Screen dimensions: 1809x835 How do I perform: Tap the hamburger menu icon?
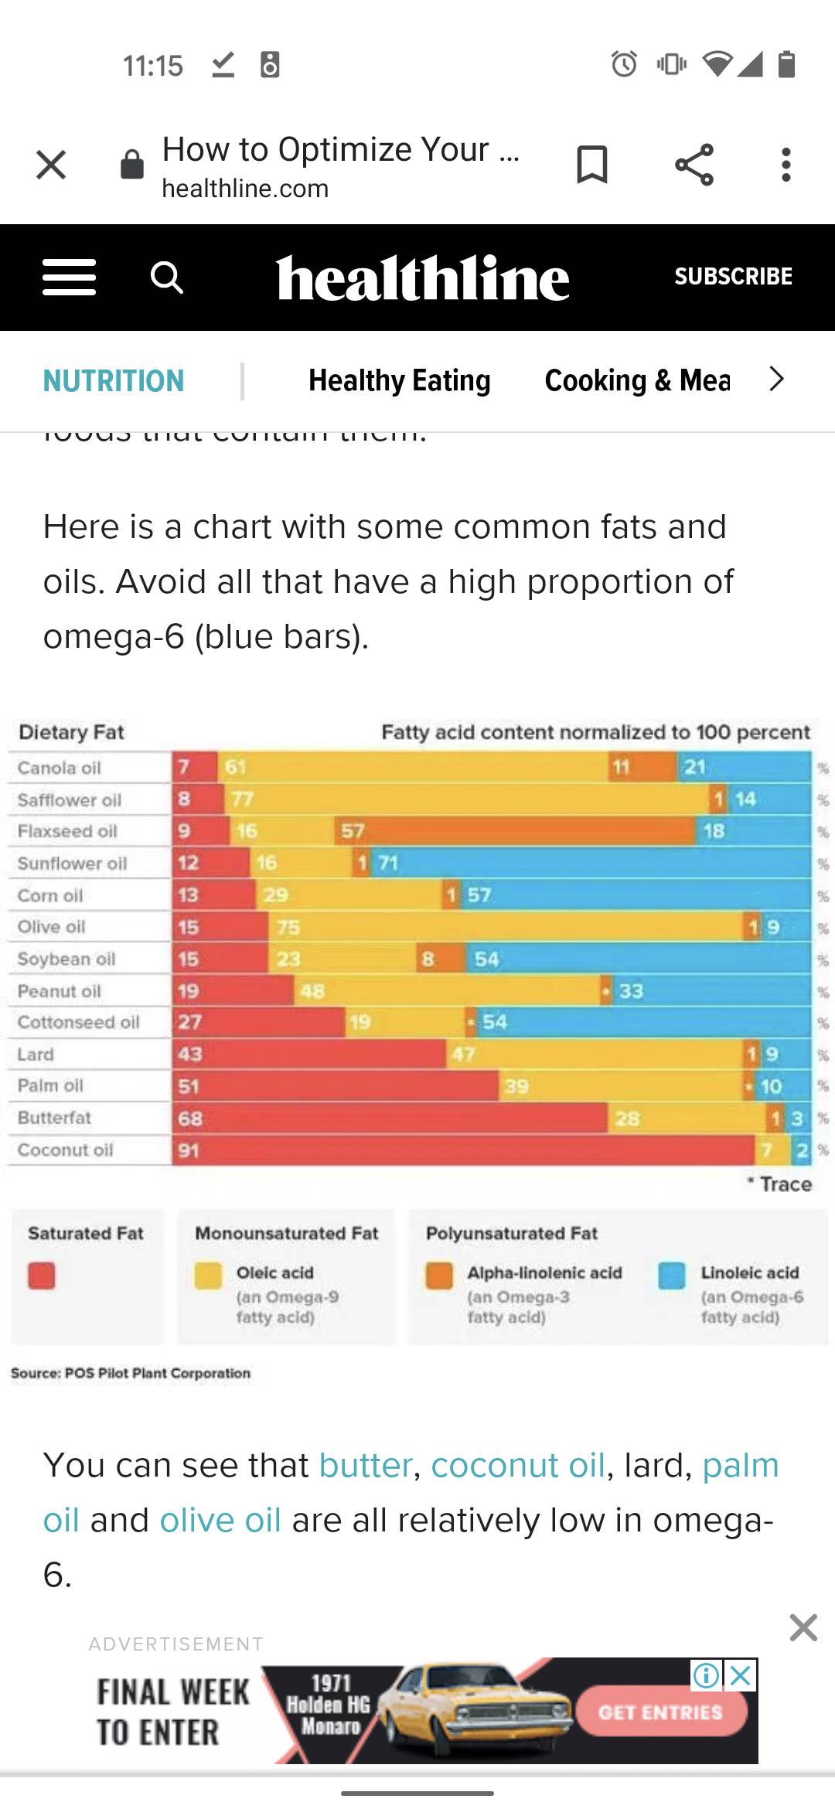point(70,277)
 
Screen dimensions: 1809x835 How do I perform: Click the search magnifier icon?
point(166,277)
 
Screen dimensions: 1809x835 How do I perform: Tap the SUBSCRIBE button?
point(733,276)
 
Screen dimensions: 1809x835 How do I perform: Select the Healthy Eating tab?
point(399,380)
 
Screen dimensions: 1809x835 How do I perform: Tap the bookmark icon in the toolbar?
point(592,165)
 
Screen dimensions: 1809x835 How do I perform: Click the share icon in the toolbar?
point(694,165)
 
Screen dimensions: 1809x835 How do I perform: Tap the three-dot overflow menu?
point(786,165)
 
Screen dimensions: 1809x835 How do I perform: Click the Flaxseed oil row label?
point(67,831)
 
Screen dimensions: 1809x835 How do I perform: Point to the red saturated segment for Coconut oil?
point(464,1150)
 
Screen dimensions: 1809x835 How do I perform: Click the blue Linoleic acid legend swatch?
point(672,1276)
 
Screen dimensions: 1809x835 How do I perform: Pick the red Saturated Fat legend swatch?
point(42,1276)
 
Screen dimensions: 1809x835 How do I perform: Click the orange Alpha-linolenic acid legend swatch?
point(439,1276)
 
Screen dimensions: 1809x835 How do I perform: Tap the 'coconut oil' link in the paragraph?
point(517,1465)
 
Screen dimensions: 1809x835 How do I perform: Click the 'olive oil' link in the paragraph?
point(220,1520)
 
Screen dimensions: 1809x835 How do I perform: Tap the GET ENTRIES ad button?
point(660,1712)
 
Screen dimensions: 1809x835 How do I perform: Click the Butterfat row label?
point(54,1118)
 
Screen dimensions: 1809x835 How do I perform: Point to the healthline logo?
point(422,278)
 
